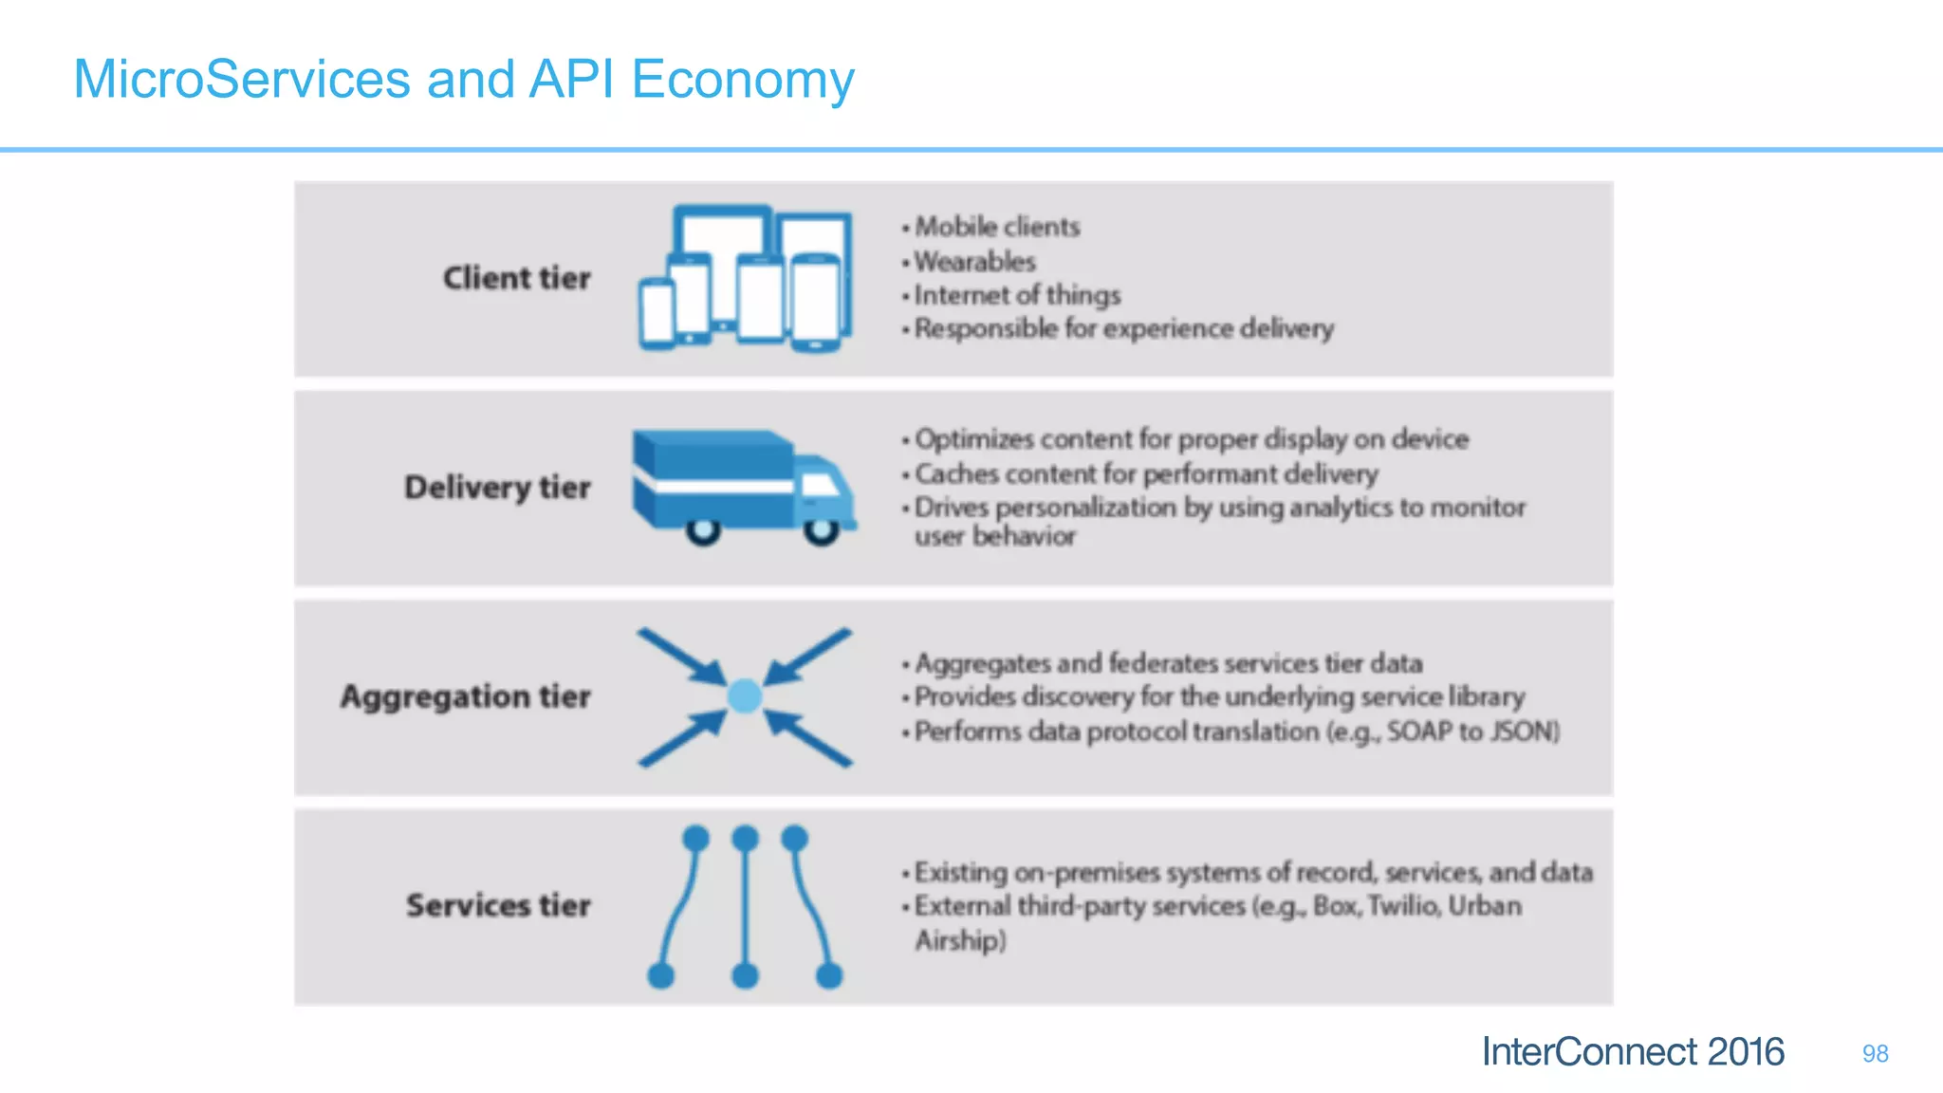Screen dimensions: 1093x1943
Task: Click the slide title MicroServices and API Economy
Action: pos(463,80)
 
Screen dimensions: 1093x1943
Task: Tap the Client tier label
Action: pos(516,278)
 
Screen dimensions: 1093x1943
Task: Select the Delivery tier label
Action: pos(497,487)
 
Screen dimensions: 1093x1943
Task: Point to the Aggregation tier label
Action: pos(465,696)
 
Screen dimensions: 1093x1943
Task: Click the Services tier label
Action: pos(498,905)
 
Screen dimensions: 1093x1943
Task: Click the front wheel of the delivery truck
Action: pos(821,530)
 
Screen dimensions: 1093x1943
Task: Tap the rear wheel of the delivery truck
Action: pos(703,530)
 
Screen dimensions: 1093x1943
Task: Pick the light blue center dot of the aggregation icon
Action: pos(745,696)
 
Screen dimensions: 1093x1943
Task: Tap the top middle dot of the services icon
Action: pos(746,838)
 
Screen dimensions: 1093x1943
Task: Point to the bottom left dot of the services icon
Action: pos(660,974)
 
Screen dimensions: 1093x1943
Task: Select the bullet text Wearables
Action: pos(974,261)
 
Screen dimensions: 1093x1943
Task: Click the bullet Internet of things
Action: pos(1016,295)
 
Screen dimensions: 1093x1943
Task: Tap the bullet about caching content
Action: pos(1145,473)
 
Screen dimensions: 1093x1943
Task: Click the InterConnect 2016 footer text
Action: pos(1632,1051)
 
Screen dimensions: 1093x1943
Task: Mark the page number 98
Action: pos(1875,1053)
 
